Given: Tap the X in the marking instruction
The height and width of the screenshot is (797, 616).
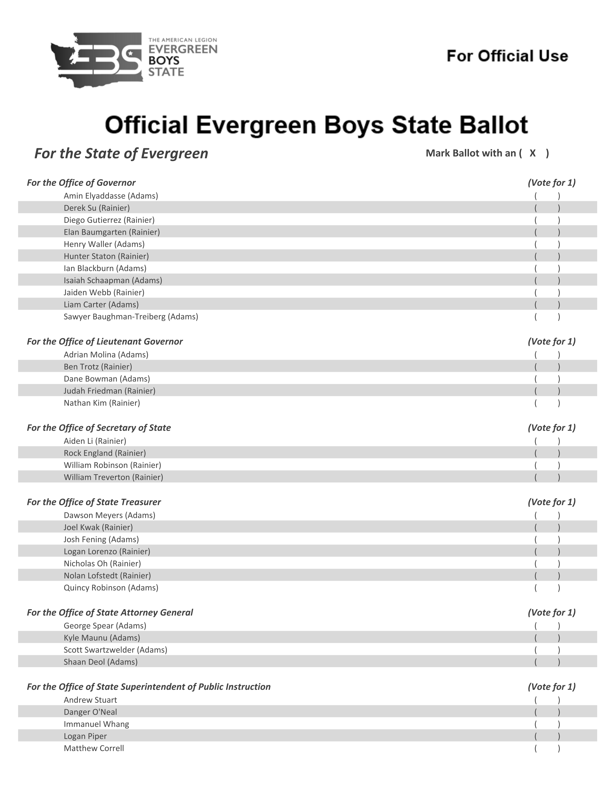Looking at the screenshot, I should click(532, 153).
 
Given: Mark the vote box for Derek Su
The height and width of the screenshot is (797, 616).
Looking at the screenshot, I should click(547, 208).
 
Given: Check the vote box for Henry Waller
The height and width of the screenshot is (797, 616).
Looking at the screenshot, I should click(547, 244).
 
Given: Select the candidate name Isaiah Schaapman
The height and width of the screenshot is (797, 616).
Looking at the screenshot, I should click(113, 280).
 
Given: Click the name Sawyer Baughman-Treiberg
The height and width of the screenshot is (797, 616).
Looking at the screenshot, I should click(131, 317).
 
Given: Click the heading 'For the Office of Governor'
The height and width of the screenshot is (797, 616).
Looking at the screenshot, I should click(81, 183).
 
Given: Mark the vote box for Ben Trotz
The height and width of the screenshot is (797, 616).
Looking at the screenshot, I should click(547, 367).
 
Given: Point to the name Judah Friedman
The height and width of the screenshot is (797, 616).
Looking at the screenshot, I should click(109, 391).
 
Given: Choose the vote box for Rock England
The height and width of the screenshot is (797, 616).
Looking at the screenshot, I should click(547, 453).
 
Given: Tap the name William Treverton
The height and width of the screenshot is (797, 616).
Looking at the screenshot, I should click(113, 477).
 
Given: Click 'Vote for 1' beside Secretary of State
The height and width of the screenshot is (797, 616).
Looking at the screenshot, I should click(552, 428).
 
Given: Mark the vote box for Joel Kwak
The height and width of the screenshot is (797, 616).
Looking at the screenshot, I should click(547, 527).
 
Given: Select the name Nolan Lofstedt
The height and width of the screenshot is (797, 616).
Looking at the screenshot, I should click(107, 576).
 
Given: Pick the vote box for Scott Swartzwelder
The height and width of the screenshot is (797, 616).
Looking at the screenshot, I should click(547, 650).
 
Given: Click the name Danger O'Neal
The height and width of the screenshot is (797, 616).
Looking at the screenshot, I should click(90, 712).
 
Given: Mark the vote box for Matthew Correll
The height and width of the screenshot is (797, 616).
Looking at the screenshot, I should click(547, 748).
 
